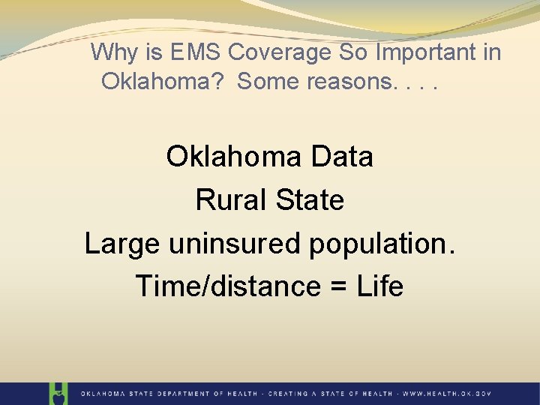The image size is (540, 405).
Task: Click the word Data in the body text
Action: (340, 157)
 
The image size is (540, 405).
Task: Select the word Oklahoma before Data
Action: (233, 157)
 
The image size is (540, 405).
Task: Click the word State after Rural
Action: (309, 200)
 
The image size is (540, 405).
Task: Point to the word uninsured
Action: (222, 244)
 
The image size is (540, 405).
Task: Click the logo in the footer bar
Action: (58, 393)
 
